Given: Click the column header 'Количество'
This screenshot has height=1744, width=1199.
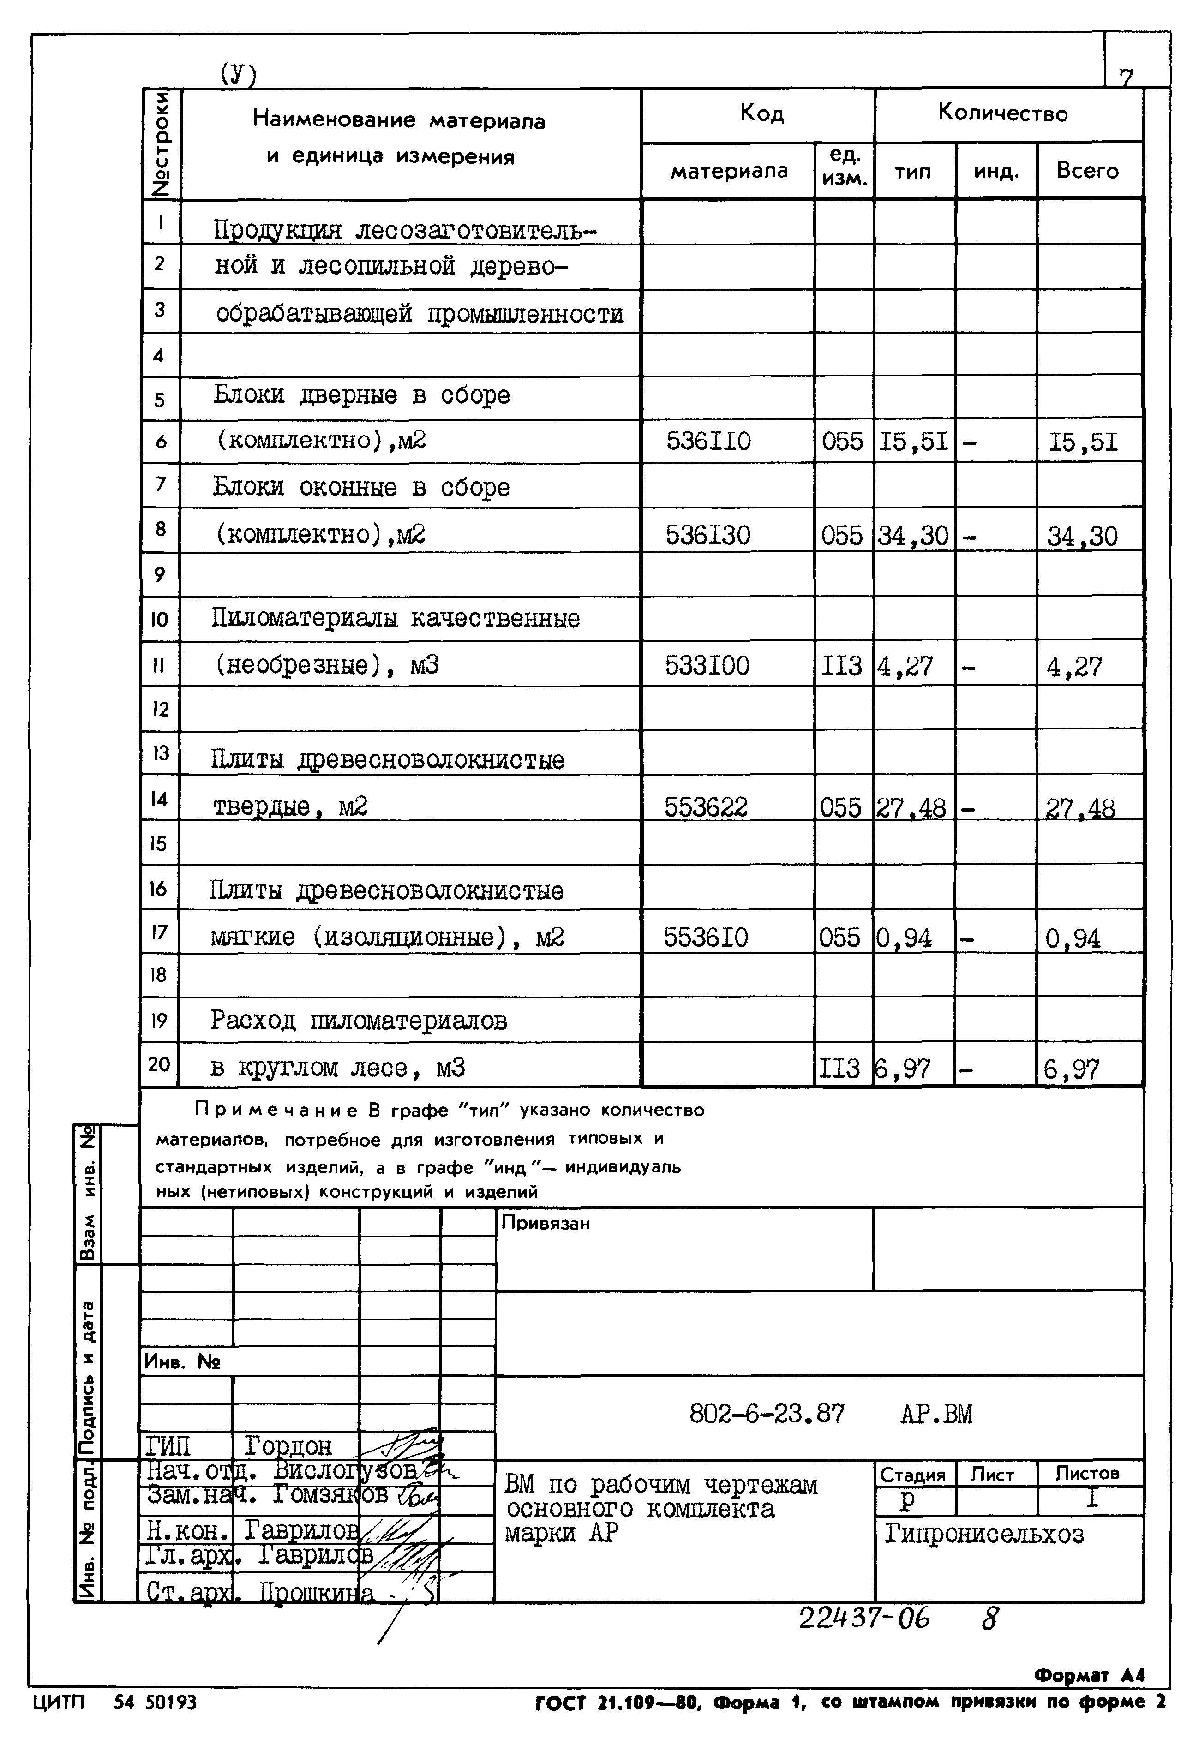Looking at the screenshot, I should tap(1002, 113).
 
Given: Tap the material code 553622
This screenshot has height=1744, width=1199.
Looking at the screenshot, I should tap(706, 807).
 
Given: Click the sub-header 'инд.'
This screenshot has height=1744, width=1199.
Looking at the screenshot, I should tap(996, 172).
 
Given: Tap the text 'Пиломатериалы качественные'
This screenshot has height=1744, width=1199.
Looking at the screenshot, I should tap(395, 619).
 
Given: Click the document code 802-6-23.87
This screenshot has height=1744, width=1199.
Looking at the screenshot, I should tap(766, 1414).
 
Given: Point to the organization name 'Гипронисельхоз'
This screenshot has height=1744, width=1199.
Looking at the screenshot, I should tap(983, 1533).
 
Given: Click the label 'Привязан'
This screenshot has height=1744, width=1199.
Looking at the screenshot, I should tap(546, 1224).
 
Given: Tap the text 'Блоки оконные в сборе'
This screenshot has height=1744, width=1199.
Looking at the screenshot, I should tap(360, 488).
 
